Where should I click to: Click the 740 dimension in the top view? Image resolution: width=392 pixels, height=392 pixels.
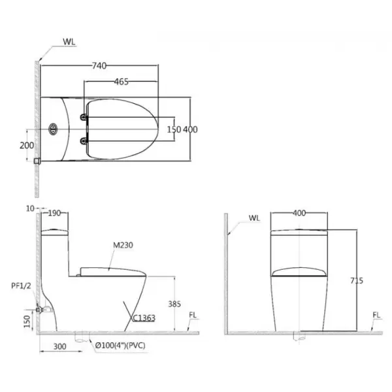click(x=99, y=66)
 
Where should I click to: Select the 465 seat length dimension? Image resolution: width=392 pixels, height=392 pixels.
click(x=122, y=82)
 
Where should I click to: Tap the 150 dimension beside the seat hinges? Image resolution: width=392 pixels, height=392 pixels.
click(x=174, y=129)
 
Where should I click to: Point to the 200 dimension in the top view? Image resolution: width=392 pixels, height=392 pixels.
click(x=27, y=145)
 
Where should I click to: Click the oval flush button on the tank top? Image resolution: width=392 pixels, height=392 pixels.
click(x=53, y=129)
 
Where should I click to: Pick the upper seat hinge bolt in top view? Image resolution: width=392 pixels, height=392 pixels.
click(x=84, y=117)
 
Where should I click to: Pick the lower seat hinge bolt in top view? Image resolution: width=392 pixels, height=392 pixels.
click(x=84, y=141)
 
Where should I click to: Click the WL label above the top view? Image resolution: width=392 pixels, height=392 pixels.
click(x=69, y=42)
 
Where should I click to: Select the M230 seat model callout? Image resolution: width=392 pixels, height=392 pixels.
click(x=123, y=245)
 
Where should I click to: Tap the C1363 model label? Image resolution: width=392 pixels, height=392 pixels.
click(x=144, y=318)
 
